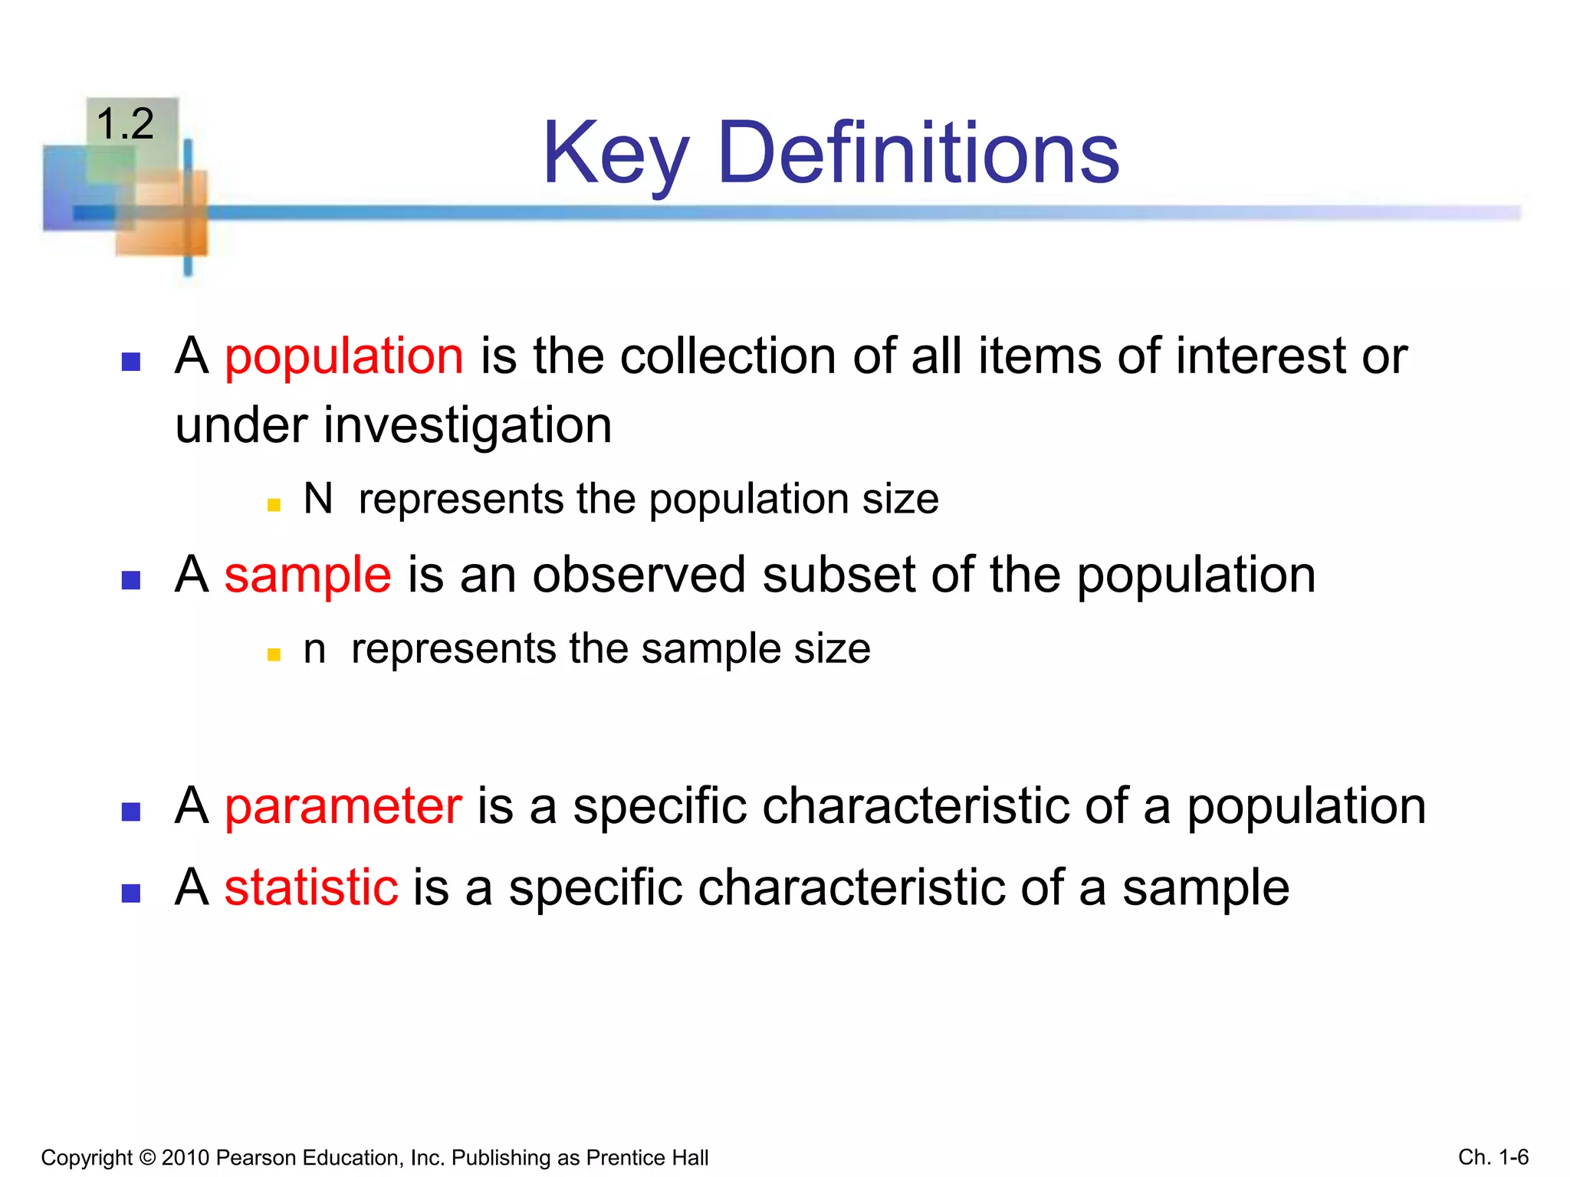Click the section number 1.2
tap(125, 124)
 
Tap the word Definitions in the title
tap(918, 154)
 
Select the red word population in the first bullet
tap(343, 357)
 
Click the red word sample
tap(307, 575)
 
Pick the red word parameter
tap(343, 806)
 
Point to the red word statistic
tap(310, 887)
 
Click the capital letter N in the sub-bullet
tap(318, 499)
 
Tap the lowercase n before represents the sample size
tap(314, 649)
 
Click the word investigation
tap(467, 426)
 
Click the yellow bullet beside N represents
tap(274, 505)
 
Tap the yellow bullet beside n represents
tap(274, 654)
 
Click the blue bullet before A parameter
tap(131, 812)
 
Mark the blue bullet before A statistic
tap(131, 893)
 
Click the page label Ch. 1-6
tap(1493, 1157)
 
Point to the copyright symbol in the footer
tap(148, 1158)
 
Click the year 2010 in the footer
tap(186, 1158)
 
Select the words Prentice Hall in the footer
tap(647, 1158)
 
